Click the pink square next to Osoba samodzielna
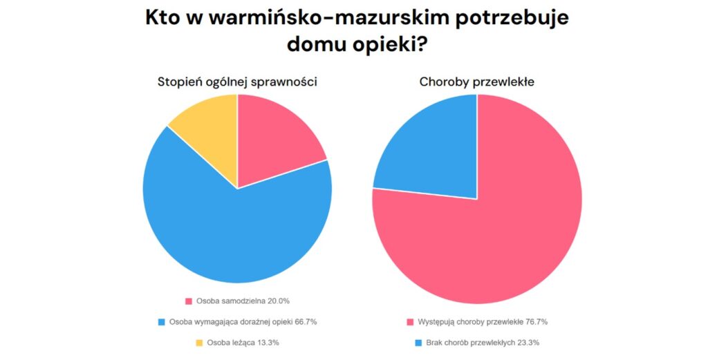tap(189, 301)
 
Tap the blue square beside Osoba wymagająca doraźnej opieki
tap(161, 322)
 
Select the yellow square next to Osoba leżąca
tap(199, 343)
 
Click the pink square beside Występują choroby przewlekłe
tap(410, 322)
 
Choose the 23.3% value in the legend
tap(527, 343)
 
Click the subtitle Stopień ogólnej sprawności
tap(237, 82)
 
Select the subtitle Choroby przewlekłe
tap(476, 82)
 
